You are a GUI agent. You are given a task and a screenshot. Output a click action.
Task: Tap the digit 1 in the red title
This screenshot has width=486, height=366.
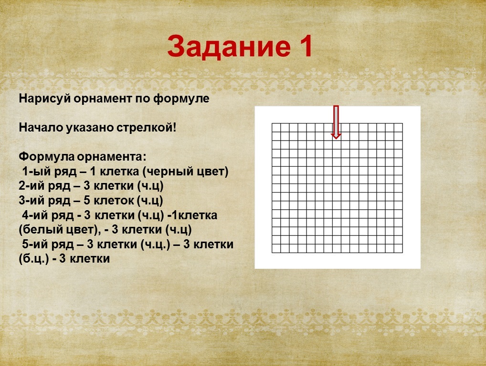click(305, 46)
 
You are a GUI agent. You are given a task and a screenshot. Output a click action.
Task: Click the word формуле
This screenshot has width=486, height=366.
click(181, 99)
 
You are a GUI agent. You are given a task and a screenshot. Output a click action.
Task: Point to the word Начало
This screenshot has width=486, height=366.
click(41, 127)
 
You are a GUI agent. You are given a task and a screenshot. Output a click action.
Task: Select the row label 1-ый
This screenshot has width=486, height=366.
click(34, 172)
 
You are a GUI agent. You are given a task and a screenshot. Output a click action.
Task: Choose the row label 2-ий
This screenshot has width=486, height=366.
click(31, 186)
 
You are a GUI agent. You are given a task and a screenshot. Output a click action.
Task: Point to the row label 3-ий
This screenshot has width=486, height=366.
click(31, 201)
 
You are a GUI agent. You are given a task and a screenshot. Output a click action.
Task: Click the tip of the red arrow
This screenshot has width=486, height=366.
click(336, 139)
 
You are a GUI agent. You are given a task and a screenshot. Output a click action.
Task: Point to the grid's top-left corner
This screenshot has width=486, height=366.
click(272, 123)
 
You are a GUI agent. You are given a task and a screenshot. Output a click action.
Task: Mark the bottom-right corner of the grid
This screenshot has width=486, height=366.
click(402, 253)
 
